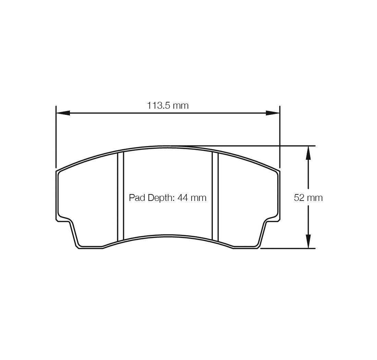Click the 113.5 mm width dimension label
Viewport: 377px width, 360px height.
[168, 105]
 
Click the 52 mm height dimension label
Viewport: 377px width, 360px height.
[308, 198]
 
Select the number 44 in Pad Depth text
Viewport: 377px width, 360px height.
[182, 198]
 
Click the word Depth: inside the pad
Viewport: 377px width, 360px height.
[162, 198]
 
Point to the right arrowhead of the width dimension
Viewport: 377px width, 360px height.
[273, 113]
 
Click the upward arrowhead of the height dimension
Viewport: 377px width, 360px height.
[308, 153]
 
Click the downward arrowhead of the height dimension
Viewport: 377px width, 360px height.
[308, 241]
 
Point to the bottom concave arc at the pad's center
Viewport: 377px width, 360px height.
[168, 236]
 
